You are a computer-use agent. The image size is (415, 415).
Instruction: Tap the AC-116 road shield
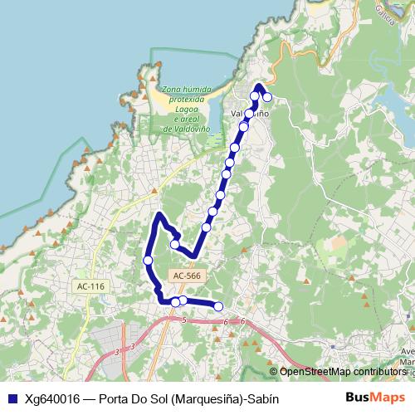click(x=90, y=286)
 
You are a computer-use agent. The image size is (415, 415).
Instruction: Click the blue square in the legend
click(x=12, y=398)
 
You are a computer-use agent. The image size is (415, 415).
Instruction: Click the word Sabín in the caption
click(x=261, y=398)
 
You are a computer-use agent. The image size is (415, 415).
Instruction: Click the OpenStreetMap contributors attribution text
click(x=343, y=372)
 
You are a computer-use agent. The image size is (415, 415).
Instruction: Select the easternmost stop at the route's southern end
click(x=219, y=307)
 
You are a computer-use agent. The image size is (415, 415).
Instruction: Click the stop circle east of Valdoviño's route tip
click(x=267, y=98)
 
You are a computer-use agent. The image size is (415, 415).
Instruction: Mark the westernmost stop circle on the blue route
click(x=149, y=261)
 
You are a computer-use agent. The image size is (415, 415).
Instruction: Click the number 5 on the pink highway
click(x=182, y=320)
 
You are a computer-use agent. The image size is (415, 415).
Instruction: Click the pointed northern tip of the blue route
click(x=258, y=85)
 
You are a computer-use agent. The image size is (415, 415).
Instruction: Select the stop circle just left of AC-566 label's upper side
click(x=174, y=244)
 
